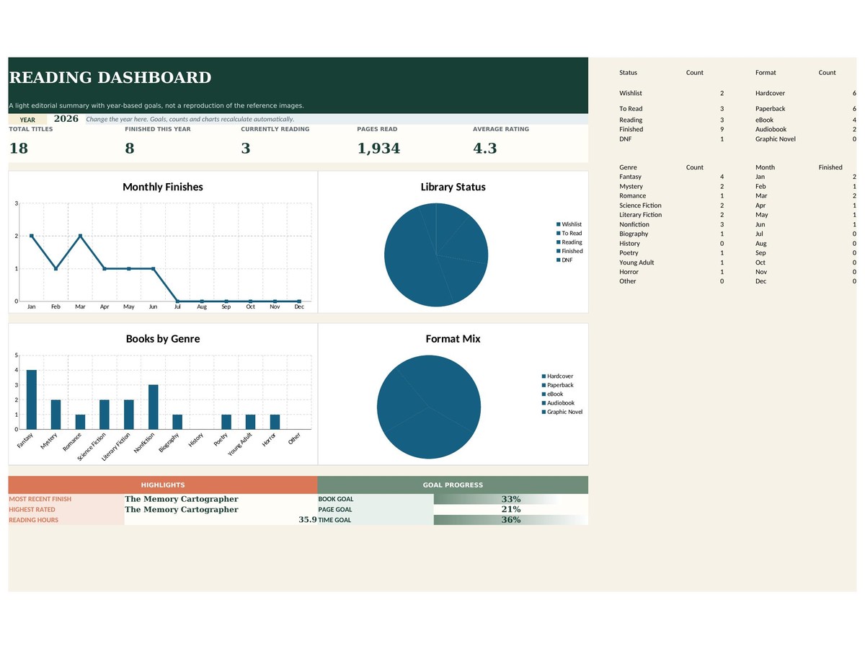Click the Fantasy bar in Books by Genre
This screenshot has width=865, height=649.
[32, 399]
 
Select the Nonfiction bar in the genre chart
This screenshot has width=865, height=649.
[154, 407]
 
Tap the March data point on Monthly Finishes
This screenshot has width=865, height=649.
[81, 236]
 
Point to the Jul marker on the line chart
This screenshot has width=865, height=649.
[178, 301]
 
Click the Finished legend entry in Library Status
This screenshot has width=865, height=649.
[569, 251]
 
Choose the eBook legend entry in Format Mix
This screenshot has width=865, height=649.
[552, 394]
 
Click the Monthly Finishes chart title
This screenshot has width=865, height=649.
[163, 187]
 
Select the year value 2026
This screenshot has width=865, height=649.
[66, 118]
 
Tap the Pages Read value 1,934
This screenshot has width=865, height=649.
[378, 149]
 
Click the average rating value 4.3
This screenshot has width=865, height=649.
[484, 148]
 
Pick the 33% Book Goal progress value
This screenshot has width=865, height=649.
[511, 499]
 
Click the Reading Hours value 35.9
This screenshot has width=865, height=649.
[307, 520]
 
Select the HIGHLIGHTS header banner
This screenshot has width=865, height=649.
[163, 485]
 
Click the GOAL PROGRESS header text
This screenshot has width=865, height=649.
[453, 485]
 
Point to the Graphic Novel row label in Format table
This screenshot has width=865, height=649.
[775, 139]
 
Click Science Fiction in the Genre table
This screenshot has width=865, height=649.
[640, 206]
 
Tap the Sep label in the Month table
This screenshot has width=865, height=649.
[760, 253]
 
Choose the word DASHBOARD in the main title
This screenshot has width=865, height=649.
[154, 78]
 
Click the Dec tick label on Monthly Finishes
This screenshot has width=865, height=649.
[299, 306]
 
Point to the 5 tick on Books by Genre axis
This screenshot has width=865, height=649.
[16, 355]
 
